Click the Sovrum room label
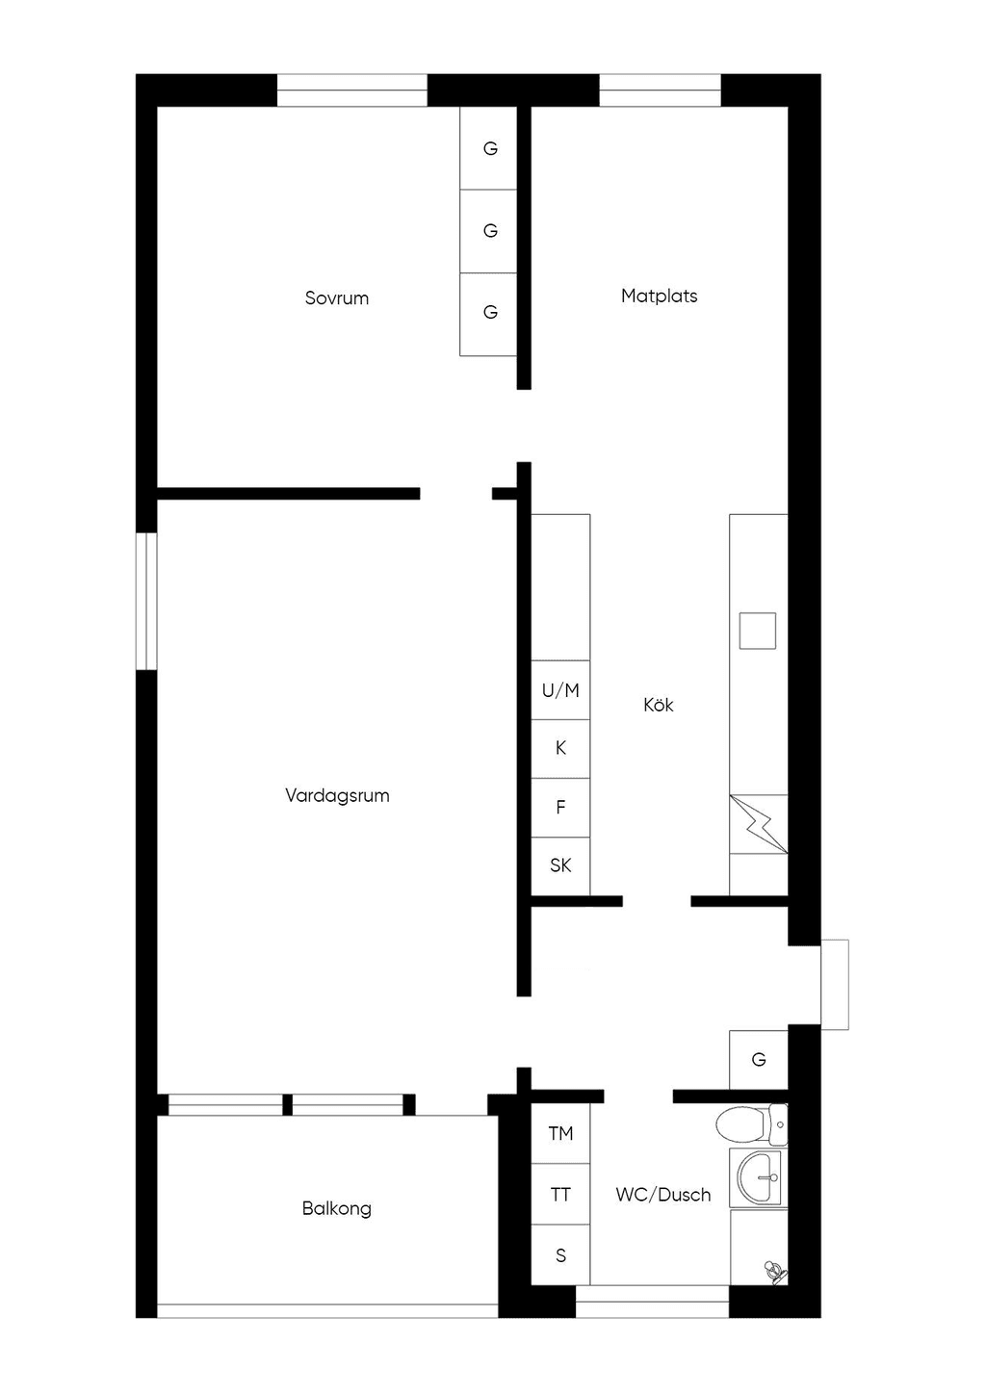click(337, 298)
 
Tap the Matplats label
click(660, 296)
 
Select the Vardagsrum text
click(337, 795)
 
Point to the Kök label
click(659, 705)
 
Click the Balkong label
click(337, 1208)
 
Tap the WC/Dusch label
click(663, 1194)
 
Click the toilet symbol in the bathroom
click(751, 1125)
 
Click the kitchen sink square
click(758, 631)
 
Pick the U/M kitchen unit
click(560, 689)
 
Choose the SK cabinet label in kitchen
click(560, 865)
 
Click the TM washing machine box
click(560, 1134)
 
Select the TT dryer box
click(560, 1194)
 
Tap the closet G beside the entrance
click(759, 1060)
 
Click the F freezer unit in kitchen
click(560, 807)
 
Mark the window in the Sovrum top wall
click(352, 90)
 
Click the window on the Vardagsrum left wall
click(146, 601)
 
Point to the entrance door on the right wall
click(835, 985)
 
